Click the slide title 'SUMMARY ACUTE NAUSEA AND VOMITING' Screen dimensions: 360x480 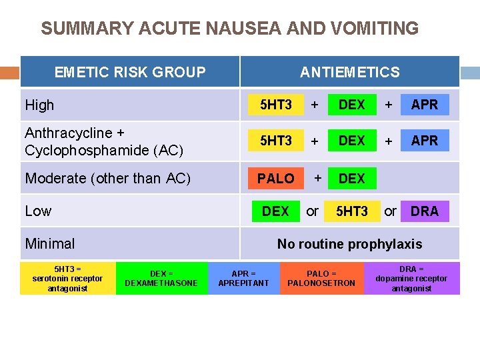pyautogui.click(x=229, y=29)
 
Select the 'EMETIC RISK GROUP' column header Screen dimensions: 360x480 pyautogui.click(x=130, y=72)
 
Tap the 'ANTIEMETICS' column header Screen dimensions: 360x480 pyautogui.click(x=349, y=72)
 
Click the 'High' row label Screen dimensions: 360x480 pyautogui.click(x=39, y=105)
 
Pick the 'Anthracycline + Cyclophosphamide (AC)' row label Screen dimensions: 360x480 pyautogui.click(x=103, y=141)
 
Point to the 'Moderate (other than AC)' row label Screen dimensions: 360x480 pyautogui.click(x=107, y=178)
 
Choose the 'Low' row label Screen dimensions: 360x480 pyautogui.click(x=38, y=211)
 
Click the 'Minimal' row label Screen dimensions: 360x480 pyautogui.click(x=50, y=243)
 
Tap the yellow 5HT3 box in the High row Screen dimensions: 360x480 pyautogui.click(x=275, y=105)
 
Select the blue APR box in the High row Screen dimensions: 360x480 pyautogui.click(x=425, y=105)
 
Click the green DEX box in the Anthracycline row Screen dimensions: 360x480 pyautogui.click(x=351, y=141)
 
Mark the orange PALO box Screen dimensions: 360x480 pyautogui.click(x=275, y=178)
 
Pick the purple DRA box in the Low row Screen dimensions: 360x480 pyautogui.click(x=425, y=211)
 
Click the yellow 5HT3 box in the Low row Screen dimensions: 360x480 pyautogui.click(x=351, y=211)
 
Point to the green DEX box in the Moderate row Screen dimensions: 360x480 pyautogui.click(x=351, y=178)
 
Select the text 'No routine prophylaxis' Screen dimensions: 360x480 pyautogui.click(x=349, y=244)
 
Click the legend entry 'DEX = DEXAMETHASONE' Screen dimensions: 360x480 pyautogui.click(x=161, y=278)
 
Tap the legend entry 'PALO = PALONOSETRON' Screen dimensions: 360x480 pyautogui.click(x=321, y=278)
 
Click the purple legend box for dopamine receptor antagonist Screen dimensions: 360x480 pyautogui.click(x=411, y=278)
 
